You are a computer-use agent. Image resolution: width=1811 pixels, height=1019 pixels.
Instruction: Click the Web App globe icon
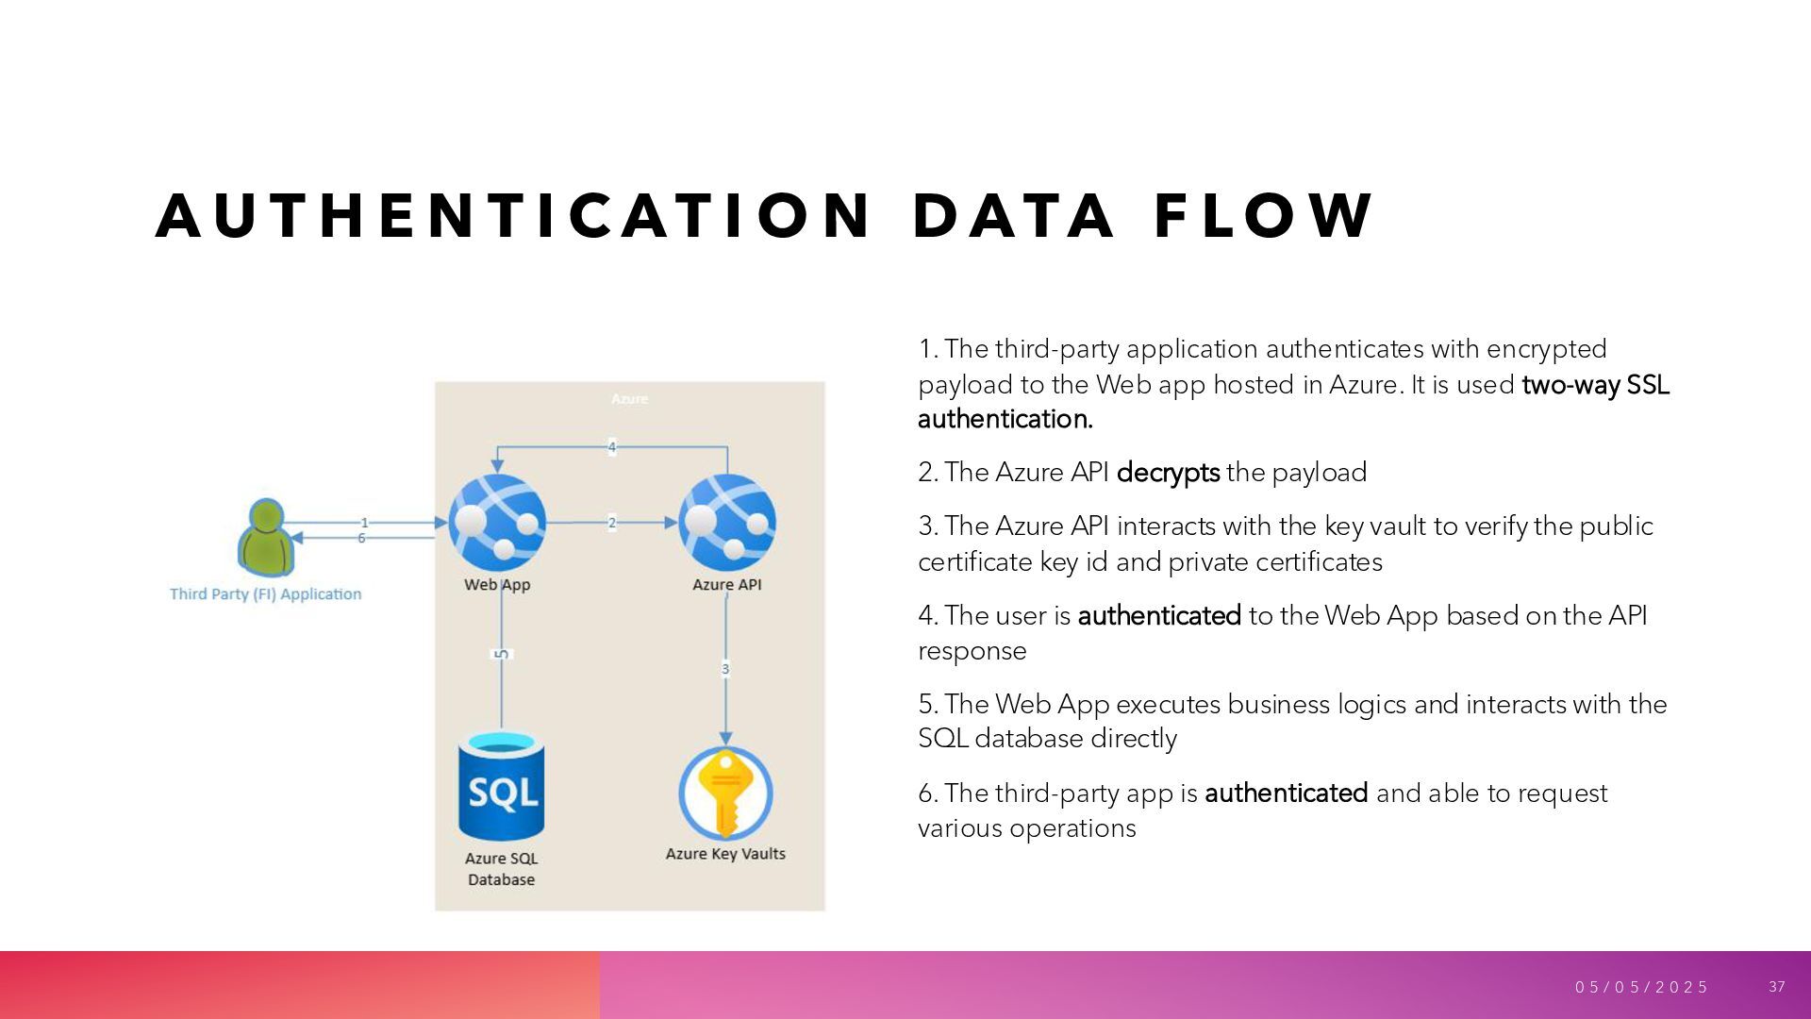[497, 523]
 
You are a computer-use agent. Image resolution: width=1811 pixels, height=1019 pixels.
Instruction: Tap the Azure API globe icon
[726, 523]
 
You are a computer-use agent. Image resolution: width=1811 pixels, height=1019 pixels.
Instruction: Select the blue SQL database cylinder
[501, 787]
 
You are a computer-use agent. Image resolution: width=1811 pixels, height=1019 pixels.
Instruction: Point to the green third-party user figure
[266, 538]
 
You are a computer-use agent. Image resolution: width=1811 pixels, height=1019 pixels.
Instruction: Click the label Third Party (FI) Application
[265, 593]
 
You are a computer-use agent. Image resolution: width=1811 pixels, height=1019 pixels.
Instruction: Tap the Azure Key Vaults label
[725, 854]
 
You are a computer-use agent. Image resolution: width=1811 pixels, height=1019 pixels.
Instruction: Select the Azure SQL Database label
[501, 869]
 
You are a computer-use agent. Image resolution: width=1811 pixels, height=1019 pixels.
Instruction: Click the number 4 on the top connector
[611, 447]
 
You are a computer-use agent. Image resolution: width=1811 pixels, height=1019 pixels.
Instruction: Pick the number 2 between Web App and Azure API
[611, 523]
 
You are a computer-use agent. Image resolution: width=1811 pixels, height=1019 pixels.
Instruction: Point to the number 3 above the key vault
[725, 669]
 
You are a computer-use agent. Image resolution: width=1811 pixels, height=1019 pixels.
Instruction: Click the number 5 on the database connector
[502, 654]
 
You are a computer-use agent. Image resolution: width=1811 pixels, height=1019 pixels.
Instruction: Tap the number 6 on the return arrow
[361, 538]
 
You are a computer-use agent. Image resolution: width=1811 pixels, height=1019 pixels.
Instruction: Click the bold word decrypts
[1168, 473]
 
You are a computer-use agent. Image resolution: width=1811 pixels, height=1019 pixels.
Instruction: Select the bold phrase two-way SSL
[1595, 385]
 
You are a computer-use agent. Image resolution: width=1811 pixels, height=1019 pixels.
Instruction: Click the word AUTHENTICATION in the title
[514, 216]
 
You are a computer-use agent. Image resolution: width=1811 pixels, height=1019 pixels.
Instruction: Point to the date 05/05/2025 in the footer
[1641, 987]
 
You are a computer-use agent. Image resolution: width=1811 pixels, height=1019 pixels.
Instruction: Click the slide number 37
[1777, 986]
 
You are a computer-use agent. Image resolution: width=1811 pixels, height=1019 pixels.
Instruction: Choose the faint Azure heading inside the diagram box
[629, 399]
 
